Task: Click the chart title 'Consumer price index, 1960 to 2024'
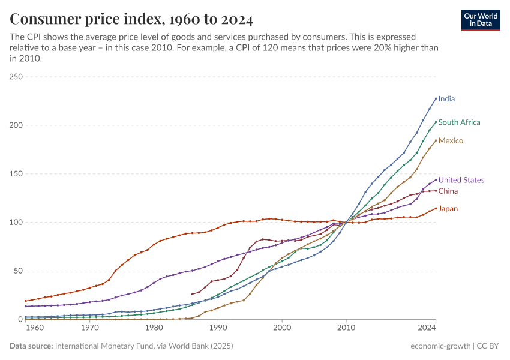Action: [131, 19]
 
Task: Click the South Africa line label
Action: [459, 122]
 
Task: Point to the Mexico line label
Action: [451, 141]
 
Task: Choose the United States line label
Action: [461, 180]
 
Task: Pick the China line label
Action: [448, 191]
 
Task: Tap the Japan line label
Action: [448, 209]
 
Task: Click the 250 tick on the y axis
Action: [16, 77]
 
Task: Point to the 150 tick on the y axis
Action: [16, 174]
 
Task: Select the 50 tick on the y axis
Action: [19, 271]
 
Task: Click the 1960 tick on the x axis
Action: [35, 328]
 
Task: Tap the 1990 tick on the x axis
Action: [218, 328]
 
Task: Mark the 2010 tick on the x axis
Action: [346, 328]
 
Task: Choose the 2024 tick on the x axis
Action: [427, 328]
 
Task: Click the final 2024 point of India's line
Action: [436, 98]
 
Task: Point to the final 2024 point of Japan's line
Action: [436, 209]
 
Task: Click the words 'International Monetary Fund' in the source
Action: [105, 346]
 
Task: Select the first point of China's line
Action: [192, 294]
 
